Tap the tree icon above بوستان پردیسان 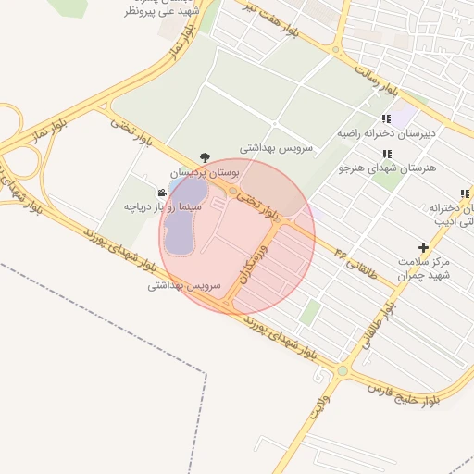pyautogui.click(x=204, y=157)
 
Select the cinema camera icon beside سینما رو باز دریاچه pyautogui.click(x=163, y=193)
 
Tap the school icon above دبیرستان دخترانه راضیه pyautogui.click(x=386, y=118)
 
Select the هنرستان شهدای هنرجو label pyautogui.click(x=386, y=168)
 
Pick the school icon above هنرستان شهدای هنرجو pyautogui.click(x=386, y=153)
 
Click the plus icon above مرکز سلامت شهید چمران pyautogui.click(x=423, y=247)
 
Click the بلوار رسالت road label pyautogui.click(x=375, y=82)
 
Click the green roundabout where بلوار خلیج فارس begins pyautogui.click(x=342, y=371)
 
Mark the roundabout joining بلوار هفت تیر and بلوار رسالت pyautogui.click(x=336, y=50)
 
